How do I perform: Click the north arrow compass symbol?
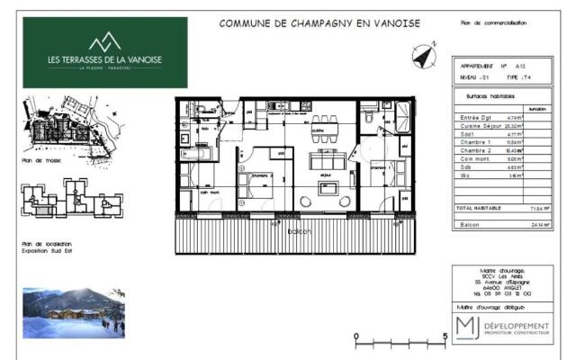[x=422, y=56]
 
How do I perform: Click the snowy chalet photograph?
[x=74, y=311]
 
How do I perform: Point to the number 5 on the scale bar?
[x=445, y=338]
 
